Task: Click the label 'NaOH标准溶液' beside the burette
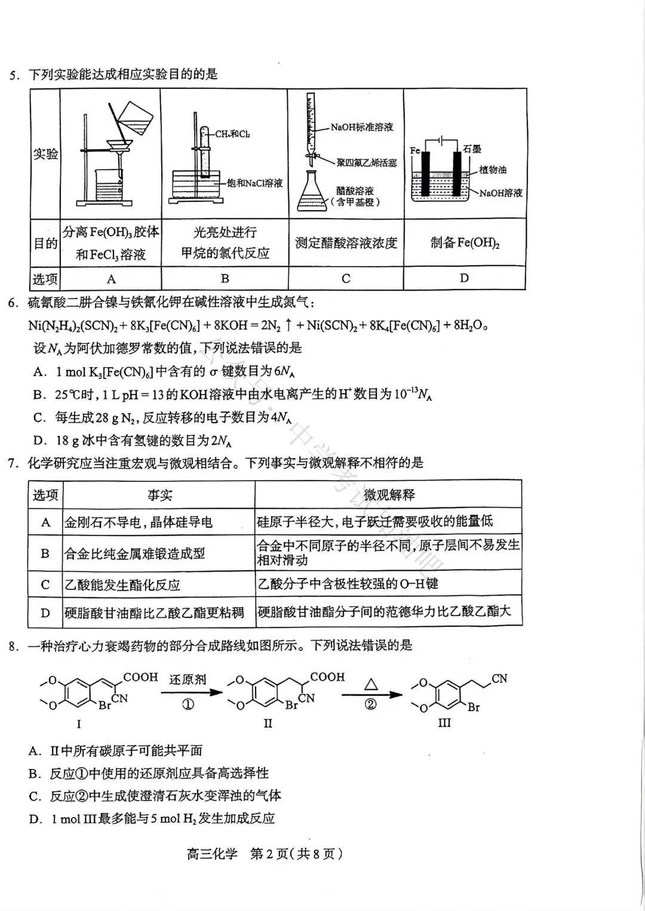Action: (362, 127)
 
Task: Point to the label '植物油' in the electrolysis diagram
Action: (492, 170)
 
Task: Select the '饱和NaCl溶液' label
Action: (254, 183)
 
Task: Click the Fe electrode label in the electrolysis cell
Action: (415, 150)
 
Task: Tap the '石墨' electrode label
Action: (472, 149)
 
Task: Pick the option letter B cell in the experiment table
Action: (225, 278)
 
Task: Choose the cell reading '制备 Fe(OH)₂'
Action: (465, 242)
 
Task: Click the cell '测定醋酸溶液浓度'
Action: (346, 243)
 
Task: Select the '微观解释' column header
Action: (389, 494)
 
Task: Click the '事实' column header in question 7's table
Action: (159, 495)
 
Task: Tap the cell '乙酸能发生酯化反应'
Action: (122, 585)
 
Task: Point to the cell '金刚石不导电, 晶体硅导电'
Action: (139, 522)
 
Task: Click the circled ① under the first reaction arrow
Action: (188, 704)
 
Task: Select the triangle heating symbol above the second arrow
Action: (371, 684)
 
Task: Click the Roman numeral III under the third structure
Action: (444, 723)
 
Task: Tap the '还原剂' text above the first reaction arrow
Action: (188, 679)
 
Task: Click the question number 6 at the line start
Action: (13, 303)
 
